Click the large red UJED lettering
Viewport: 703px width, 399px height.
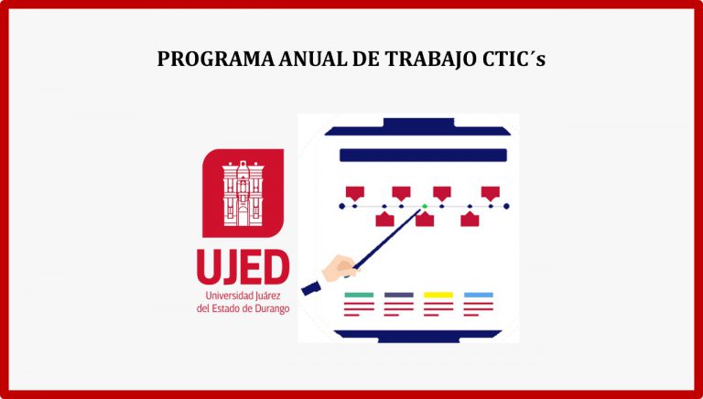pos(243,266)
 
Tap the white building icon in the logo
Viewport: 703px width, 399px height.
pos(243,193)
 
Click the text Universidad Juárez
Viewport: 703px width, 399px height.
pos(243,296)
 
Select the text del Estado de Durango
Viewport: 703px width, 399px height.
pos(243,309)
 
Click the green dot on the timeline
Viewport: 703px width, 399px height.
pos(424,206)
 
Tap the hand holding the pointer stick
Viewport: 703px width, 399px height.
pos(341,267)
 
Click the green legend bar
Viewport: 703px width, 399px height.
pos(359,295)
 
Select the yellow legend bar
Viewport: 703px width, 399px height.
pos(438,295)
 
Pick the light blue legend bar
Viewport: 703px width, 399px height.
pos(479,295)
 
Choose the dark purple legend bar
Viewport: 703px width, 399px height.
pos(398,295)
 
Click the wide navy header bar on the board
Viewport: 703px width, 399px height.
pos(423,156)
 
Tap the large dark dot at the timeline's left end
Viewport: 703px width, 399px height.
pos(342,206)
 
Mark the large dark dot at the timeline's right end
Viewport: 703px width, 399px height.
pos(506,206)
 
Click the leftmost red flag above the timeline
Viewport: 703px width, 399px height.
pos(354,193)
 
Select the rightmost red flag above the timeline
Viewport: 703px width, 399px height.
pos(491,193)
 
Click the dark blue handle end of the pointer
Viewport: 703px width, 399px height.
pos(310,288)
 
